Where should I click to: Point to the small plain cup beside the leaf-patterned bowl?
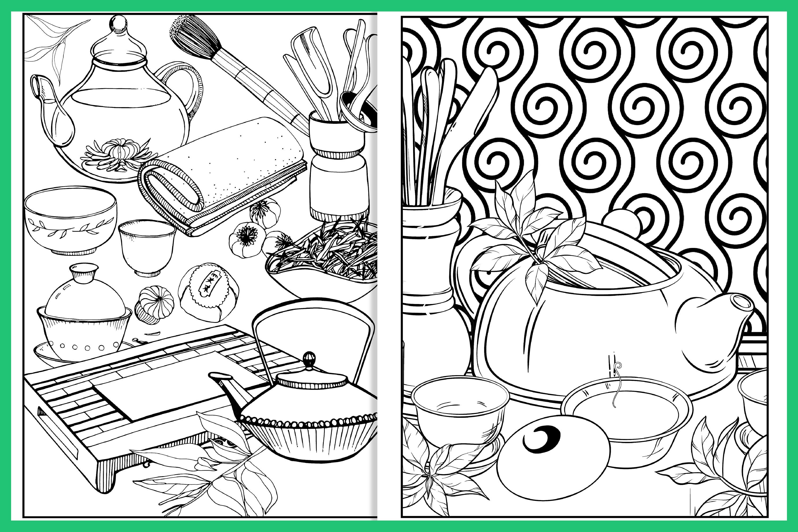(147, 246)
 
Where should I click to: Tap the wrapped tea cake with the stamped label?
(208, 292)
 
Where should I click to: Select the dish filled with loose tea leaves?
(323, 268)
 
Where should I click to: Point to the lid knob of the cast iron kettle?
(309, 358)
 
